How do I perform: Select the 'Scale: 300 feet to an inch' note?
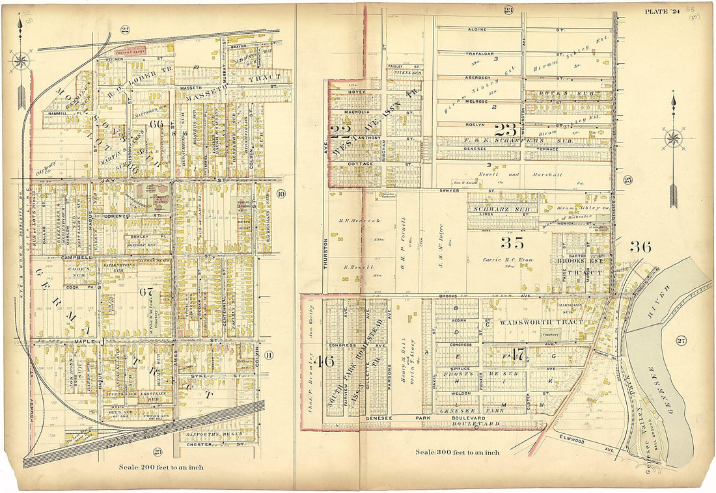pos(458,452)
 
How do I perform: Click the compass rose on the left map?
pos(21,62)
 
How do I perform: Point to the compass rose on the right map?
pos(673,139)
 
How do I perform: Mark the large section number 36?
pos(640,246)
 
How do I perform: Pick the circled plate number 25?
pos(627,180)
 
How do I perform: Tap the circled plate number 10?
pos(281,193)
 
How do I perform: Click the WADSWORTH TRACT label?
pos(530,322)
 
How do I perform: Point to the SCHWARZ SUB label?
pos(503,209)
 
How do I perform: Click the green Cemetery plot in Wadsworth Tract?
pos(551,334)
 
